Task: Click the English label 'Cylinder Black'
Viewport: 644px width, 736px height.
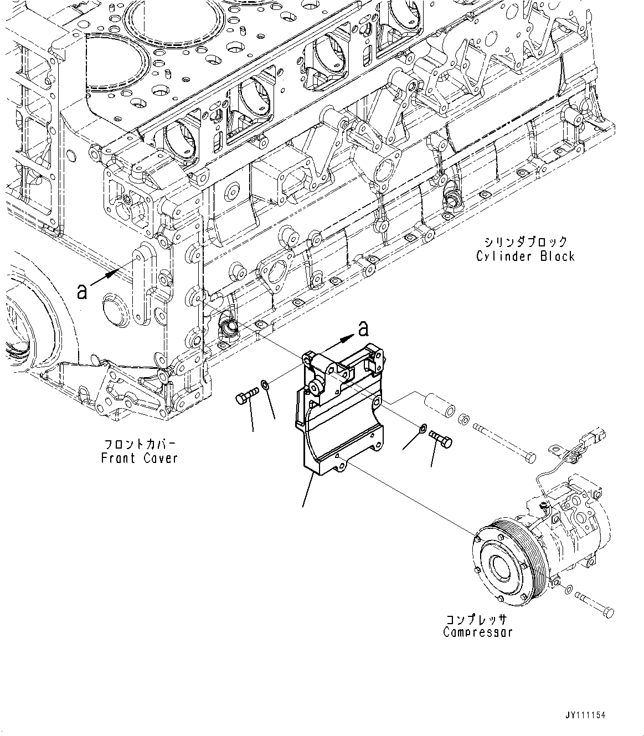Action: coord(525,256)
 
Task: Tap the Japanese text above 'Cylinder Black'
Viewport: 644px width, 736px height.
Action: coord(525,242)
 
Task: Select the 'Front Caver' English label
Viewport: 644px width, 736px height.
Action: coord(140,458)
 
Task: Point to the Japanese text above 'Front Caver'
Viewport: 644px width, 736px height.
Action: coord(140,444)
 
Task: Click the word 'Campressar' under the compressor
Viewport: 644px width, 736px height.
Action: coord(478,632)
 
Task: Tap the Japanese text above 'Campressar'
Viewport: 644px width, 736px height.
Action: coord(478,619)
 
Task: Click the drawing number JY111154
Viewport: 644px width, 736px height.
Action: coord(585,715)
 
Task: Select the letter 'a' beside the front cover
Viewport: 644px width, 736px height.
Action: coord(82,291)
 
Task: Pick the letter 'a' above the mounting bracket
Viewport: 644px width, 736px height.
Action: coord(363,330)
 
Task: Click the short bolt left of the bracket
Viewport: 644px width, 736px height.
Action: coord(246,397)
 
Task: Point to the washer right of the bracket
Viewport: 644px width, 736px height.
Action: coord(422,427)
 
